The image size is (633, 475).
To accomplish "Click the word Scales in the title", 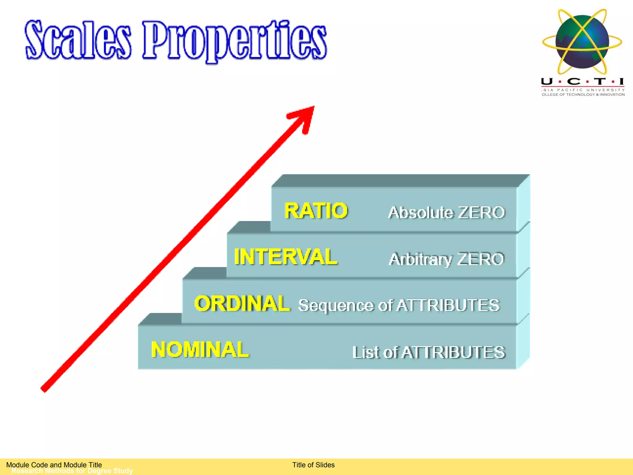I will pos(78,40).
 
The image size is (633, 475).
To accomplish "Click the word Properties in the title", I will pos(234,41).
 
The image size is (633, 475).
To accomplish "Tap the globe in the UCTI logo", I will pos(582,41).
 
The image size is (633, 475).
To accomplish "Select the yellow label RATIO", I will pos(316,211).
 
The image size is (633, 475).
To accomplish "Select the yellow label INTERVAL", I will pos(286,257).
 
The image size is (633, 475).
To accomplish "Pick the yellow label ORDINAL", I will pos(242,303).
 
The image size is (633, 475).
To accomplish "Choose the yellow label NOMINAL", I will pos(200,350).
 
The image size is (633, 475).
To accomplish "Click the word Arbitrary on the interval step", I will pos(420,259).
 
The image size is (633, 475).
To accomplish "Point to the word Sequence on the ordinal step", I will pos(336,306).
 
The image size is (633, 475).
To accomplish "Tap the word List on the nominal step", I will pos(366,352).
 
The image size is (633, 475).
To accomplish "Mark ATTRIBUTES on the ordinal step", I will pos(448,306).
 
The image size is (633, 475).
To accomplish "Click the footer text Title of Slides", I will pos(313,465).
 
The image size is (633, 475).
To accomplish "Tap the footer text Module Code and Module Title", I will pos(54,465).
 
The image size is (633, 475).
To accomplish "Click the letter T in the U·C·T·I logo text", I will pos(600,82).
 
